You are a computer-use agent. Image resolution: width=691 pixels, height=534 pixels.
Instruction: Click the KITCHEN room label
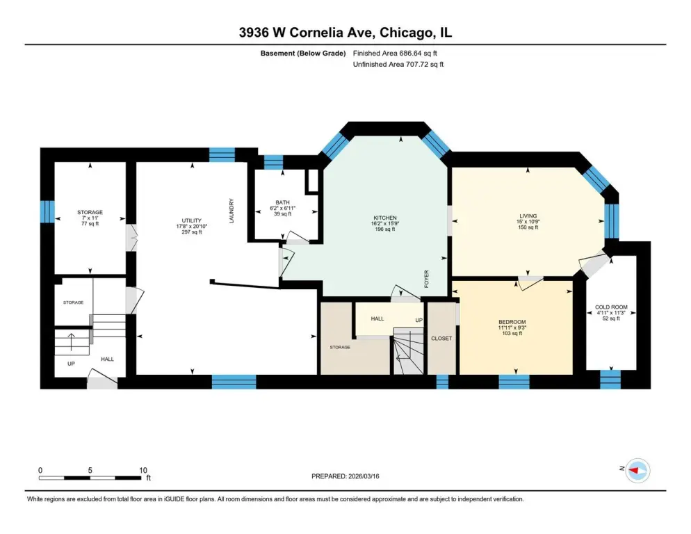(x=384, y=218)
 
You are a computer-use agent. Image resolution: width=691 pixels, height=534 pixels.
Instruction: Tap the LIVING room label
(x=528, y=216)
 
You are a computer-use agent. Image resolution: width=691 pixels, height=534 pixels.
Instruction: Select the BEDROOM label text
(x=512, y=322)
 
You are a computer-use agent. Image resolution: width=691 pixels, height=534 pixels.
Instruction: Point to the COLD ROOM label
(x=611, y=307)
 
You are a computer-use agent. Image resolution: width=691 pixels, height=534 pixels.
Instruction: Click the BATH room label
(x=282, y=202)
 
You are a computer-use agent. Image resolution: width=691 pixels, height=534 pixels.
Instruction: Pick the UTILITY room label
(x=192, y=220)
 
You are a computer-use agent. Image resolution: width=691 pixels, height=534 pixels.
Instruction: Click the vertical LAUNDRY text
(x=231, y=211)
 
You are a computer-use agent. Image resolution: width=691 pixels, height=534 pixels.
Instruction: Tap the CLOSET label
(x=441, y=338)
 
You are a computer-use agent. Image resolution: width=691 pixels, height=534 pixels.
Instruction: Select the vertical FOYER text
(x=426, y=279)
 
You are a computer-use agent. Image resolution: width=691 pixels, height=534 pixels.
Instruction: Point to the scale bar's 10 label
(x=143, y=470)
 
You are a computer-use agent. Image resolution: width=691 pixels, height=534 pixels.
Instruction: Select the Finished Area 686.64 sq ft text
(x=395, y=54)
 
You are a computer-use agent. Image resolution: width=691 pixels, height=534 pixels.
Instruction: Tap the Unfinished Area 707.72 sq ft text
(x=398, y=65)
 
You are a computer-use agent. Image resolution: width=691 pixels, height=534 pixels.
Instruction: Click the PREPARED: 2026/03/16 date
(x=345, y=476)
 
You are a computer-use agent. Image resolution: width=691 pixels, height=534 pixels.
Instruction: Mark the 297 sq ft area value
(x=192, y=232)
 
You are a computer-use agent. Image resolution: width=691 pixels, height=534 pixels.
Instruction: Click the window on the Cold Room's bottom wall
(x=610, y=380)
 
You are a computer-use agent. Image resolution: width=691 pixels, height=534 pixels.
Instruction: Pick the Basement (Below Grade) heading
(x=303, y=54)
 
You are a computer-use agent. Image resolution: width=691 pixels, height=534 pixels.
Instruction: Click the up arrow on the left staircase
(x=70, y=341)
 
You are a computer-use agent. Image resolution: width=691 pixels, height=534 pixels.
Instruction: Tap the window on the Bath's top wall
(x=273, y=162)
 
